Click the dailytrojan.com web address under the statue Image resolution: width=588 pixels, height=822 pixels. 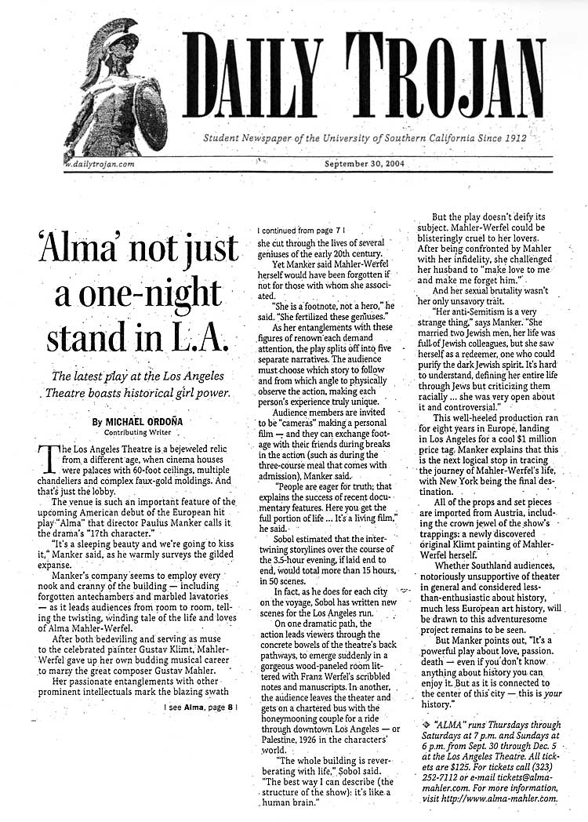(101, 165)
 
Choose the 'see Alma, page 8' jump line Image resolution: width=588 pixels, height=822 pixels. (200, 707)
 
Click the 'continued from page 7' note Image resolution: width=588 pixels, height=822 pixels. (301, 231)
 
